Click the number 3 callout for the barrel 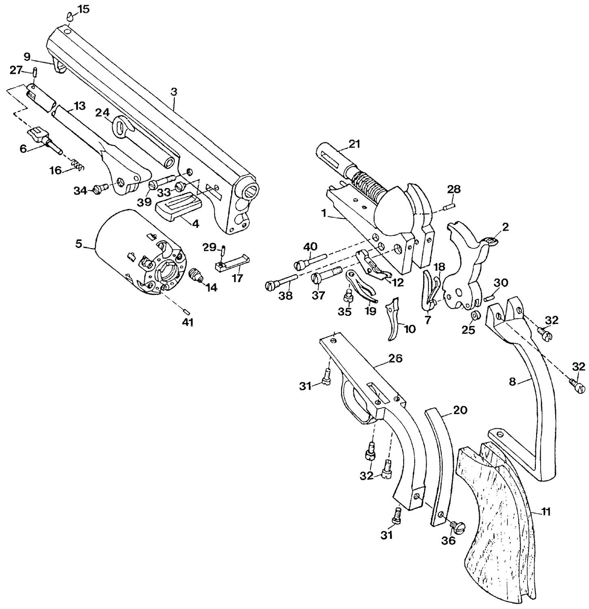[x=174, y=92]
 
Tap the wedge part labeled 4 [x=179, y=207]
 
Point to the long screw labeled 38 [x=282, y=282]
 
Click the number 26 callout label [x=395, y=358]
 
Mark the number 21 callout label [x=354, y=144]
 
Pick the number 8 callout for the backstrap [x=513, y=382]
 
